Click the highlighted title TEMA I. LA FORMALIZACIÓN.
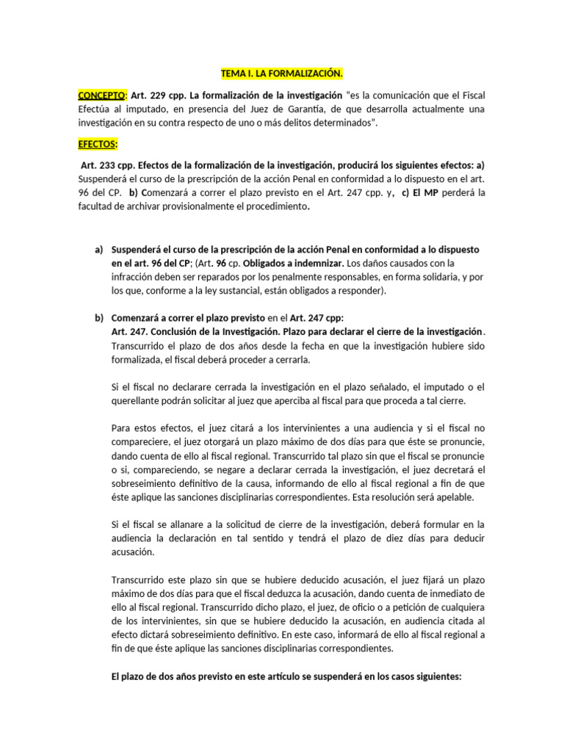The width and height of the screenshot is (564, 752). click(x=282, y=73)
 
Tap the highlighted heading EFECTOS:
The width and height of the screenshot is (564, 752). click(x=97, y=144)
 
